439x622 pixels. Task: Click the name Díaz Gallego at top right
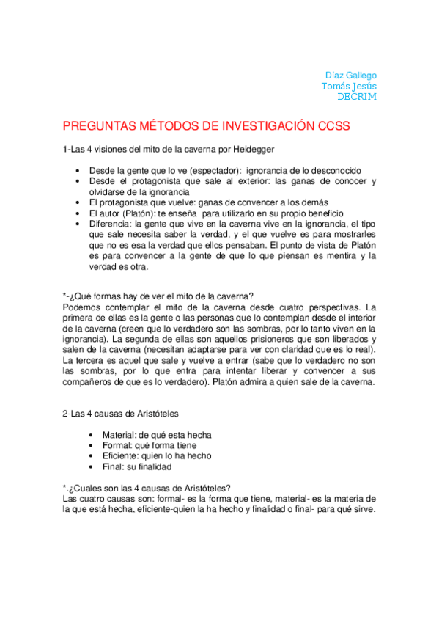tap(350, 76)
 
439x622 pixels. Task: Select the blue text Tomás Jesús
tap(349, 86)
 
